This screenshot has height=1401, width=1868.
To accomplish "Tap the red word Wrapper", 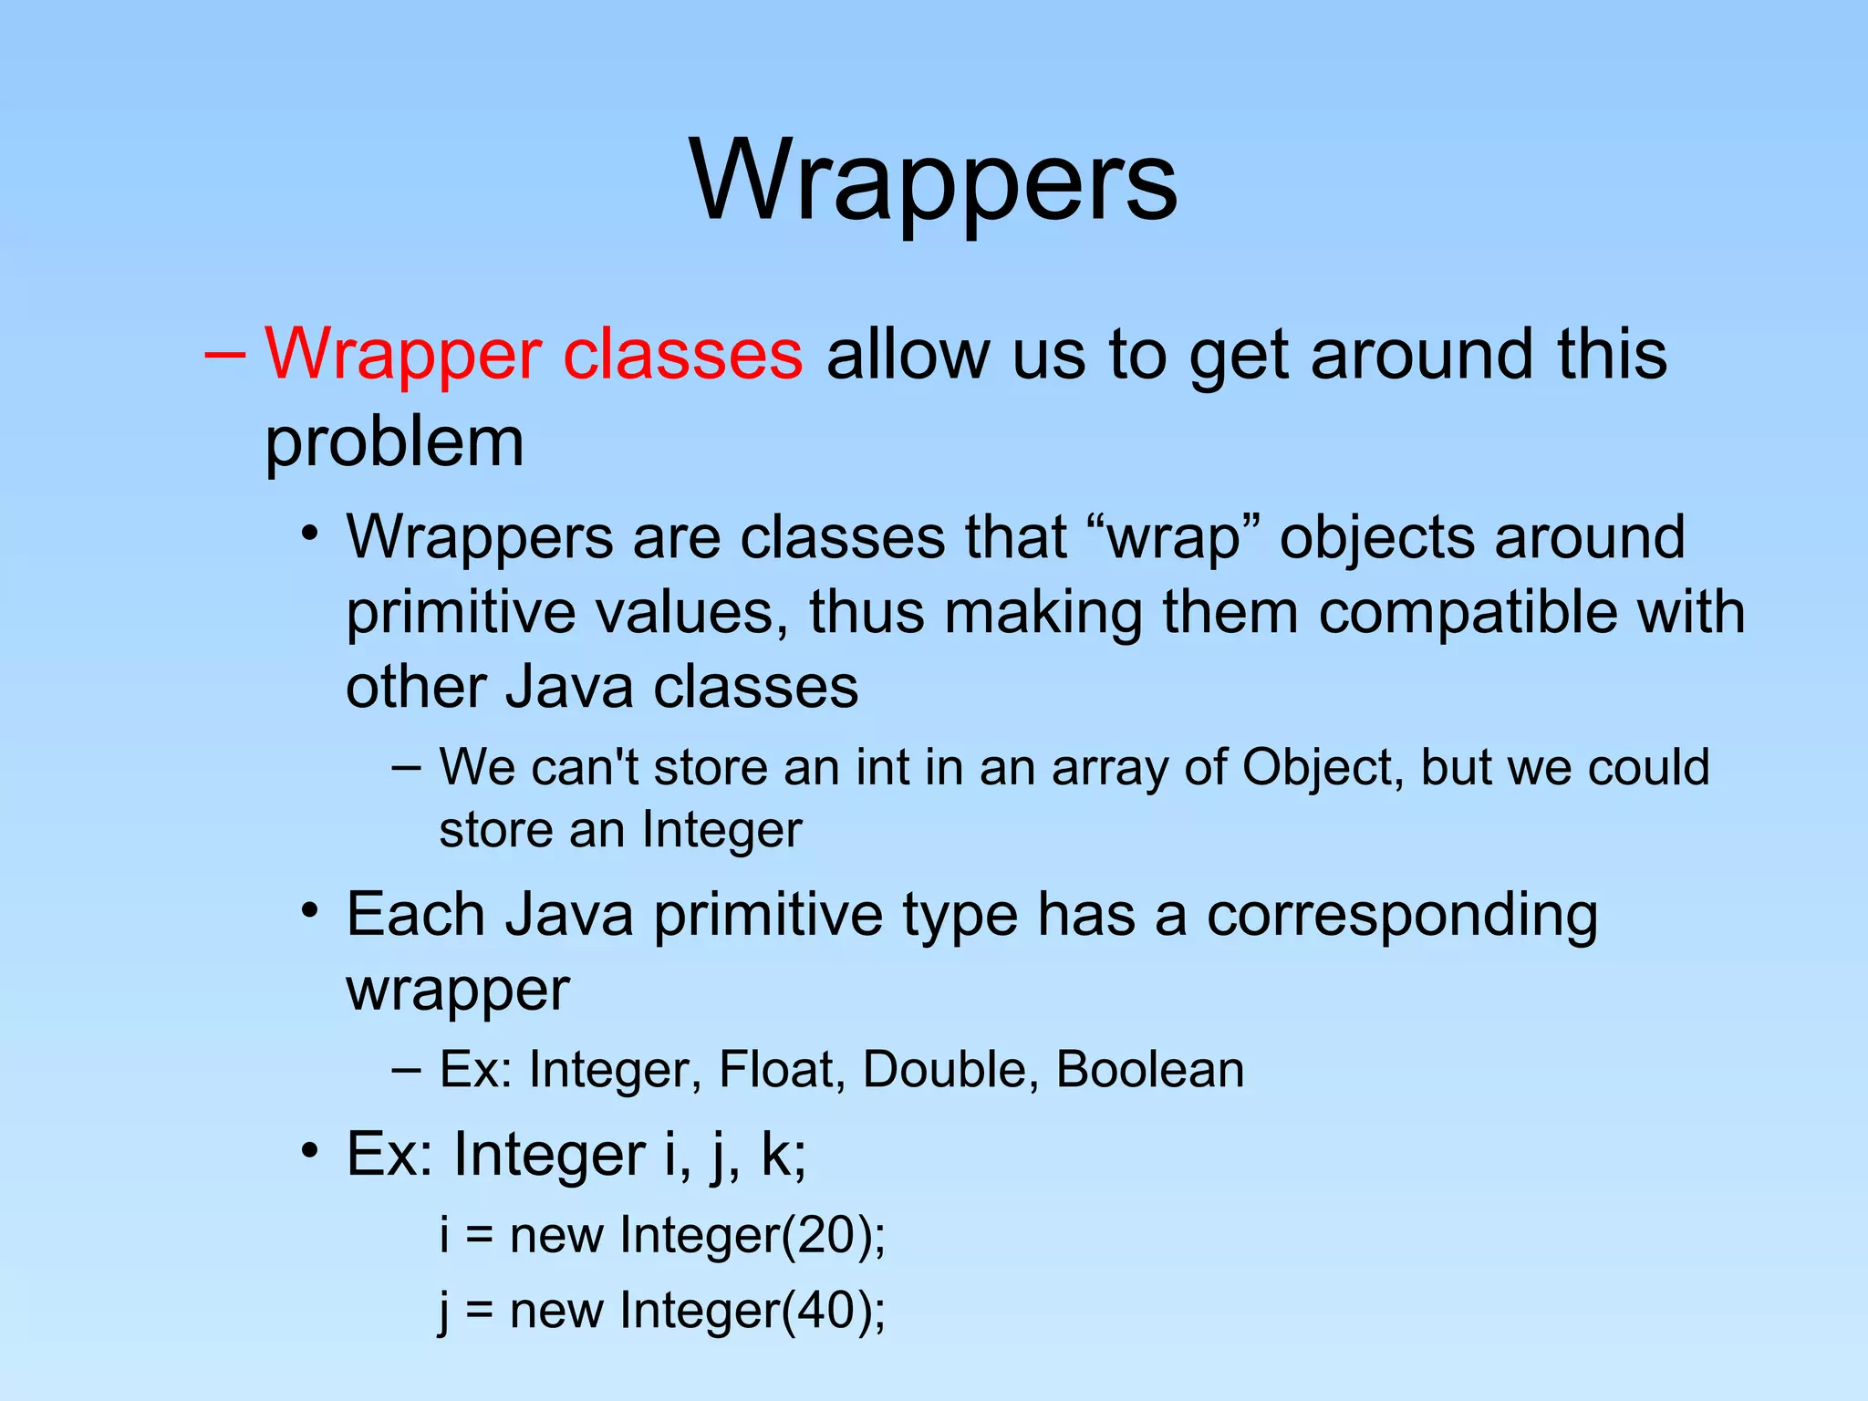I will point(403,356).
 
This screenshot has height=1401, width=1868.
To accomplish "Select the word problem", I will point(394,443).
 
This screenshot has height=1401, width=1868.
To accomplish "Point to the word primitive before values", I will point(461,613).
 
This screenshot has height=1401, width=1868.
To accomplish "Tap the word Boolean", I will point(1149,1070).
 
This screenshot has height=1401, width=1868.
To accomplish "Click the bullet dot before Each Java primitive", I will point(310,910).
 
